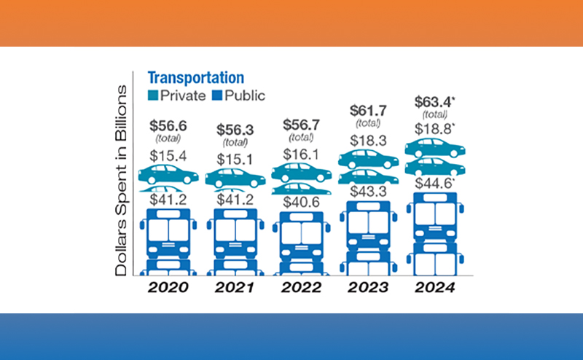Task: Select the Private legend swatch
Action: click(153, 95)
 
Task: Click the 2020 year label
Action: click(168, 287)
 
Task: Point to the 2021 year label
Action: click(235, 287)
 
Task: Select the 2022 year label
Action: click(301, 287)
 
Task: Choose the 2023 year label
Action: click(367, 287)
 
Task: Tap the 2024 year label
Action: click(435, 287)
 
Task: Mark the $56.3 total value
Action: click(235, 130)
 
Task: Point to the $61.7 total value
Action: click(368, 111)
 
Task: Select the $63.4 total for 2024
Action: click(434, 101)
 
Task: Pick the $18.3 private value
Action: click(368, 140)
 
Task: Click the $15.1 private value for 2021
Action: click(235, 159)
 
